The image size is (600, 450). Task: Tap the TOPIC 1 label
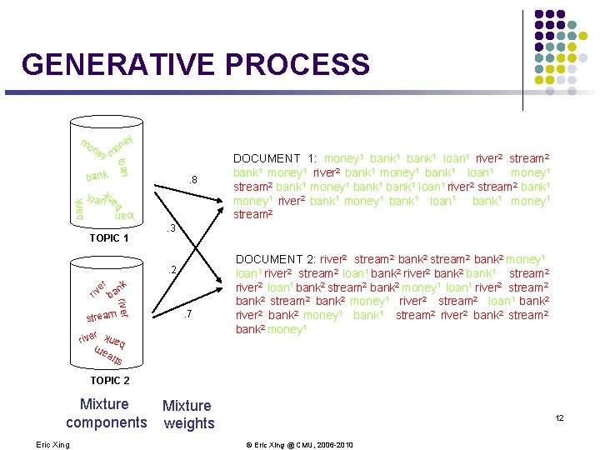tap(108, 238)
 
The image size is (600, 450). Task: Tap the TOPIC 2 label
tap(110, 380)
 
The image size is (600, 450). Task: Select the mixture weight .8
tap(191, 179)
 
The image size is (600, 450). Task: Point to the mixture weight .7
tap(188, 314)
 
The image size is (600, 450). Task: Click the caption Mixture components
tap(106, 413)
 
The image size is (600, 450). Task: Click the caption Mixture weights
tap(187, 414)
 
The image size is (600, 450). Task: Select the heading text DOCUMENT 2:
tap(277, 260)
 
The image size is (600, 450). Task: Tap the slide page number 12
tap(559, 417)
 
